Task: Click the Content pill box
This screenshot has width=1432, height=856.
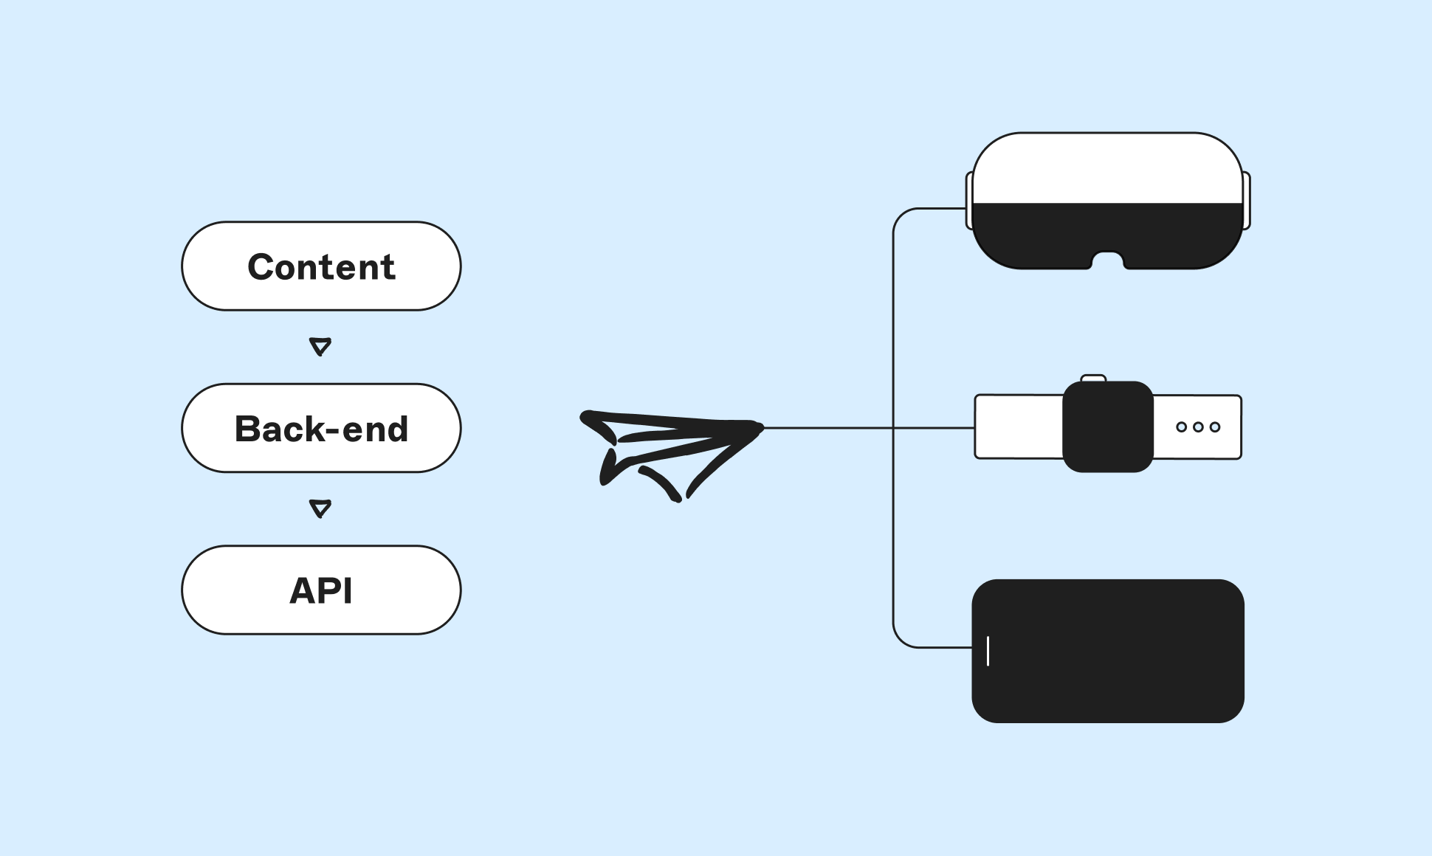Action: [321, 266]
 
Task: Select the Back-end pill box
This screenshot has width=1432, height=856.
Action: [321, 428]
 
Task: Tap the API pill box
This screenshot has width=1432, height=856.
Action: [321, 590]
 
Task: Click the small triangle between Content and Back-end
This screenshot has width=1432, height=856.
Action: [320, 346]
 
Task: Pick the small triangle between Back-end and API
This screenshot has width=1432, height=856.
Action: [320, 508]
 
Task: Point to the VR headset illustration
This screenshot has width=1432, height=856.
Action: [1107, 201]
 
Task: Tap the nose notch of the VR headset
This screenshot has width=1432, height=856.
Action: [1107, 260]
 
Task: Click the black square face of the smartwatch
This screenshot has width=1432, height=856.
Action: [1107, 427]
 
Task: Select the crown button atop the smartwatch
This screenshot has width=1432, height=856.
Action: [1093, 379]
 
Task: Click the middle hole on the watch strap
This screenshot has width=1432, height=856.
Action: [1198, 427]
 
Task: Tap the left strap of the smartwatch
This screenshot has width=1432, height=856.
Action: [1019, 427]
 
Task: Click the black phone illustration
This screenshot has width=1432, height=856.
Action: [1107, 651]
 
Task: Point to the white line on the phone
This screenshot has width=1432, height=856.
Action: [988, 651]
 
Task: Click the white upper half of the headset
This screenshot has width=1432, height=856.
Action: [1107, 168]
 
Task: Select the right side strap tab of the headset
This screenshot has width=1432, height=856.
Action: [1247, 201]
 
